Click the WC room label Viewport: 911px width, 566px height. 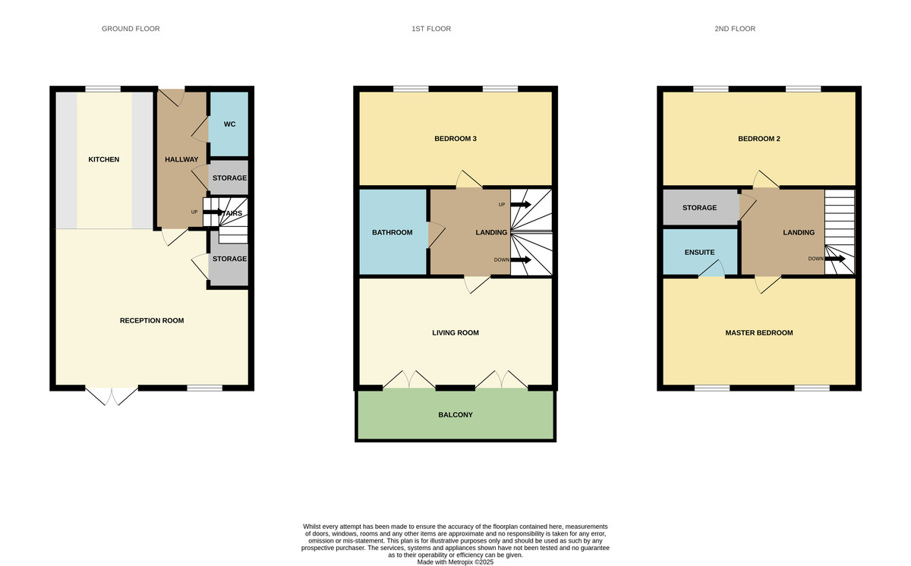(x=229, y=124)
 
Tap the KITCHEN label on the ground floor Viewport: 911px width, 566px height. (x=104, y=159)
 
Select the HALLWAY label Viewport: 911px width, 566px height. (x=181, y=159)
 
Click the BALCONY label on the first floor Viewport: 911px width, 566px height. (x=455, y=415)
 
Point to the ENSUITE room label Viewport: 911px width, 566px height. (x=699, y=253)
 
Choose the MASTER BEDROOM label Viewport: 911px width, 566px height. (x=759, y=333)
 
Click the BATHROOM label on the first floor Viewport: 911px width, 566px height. (x=392, y=232)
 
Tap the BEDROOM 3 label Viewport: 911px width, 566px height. (x=455, y=139)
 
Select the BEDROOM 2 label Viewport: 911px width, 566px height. (x=759, y=139)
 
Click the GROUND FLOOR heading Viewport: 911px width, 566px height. (x=131, y=29)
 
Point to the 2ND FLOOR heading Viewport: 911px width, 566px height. (x=735, y=29)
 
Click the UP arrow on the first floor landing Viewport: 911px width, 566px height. (x=521, y=204)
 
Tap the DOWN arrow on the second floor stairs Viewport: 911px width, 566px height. (x=835, y=259)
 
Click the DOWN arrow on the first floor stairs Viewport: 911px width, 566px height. (x=521, y=260)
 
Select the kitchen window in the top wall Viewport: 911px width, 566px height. (x=103, y=89)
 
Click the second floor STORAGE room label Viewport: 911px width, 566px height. (x=699, y=208)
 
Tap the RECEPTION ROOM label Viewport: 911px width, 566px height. (x=152, y=321)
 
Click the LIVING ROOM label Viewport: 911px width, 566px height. (x=455, y=333)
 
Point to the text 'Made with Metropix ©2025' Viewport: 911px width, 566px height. (x=455, y=562)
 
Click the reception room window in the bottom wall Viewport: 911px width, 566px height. (x=204, y=388)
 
